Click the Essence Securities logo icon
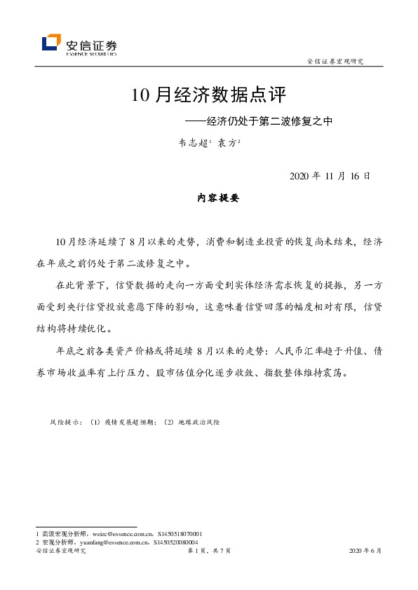pos(51,43)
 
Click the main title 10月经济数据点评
pos(209,95)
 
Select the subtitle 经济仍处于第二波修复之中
pos(265,121)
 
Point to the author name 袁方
pos(227,142)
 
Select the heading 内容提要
pos(218,198)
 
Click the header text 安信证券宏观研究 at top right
pos(336,62)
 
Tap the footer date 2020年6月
pos(365,551)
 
